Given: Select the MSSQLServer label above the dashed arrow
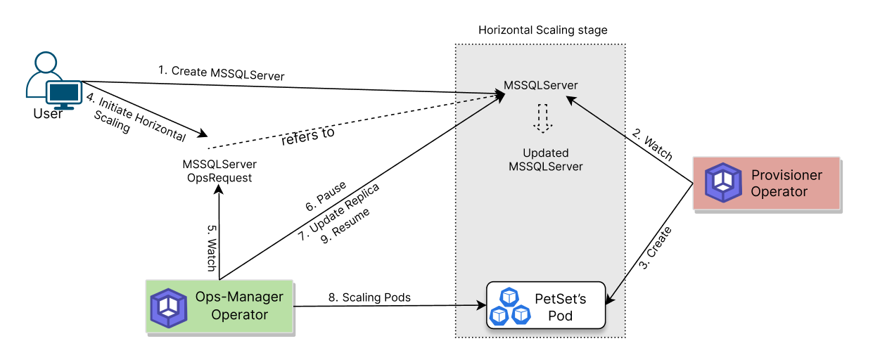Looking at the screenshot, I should [540, 85].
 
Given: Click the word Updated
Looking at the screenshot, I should [546, 153].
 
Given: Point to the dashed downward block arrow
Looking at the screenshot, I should [542, 118].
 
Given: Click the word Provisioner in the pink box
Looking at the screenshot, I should [786, 175].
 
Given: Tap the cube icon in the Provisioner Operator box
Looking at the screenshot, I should [723, 183].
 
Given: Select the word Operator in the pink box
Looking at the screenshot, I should [779, 191].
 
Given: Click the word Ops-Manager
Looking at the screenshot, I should [239, 297].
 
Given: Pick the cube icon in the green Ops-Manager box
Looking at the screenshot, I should [169, 307].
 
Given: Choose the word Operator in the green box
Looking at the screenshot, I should [239, 314].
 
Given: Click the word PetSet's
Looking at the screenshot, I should [561, 298].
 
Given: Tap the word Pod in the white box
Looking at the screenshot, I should [561, 316].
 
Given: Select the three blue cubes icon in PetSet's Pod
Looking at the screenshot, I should [510, 307].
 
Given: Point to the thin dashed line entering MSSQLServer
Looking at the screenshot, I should [478, 100].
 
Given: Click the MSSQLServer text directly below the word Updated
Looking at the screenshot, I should [546, 167].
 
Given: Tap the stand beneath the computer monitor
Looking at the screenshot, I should [64, 108].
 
